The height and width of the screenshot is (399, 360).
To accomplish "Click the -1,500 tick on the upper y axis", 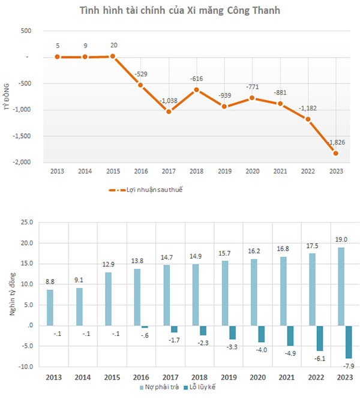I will [x=23, y=136].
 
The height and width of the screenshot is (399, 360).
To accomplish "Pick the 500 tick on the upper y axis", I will [x=25, y=31].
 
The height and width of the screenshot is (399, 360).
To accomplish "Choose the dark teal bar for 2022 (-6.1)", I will [x=319, y=338].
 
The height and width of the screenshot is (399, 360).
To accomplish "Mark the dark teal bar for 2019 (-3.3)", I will [x=232, y=332].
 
